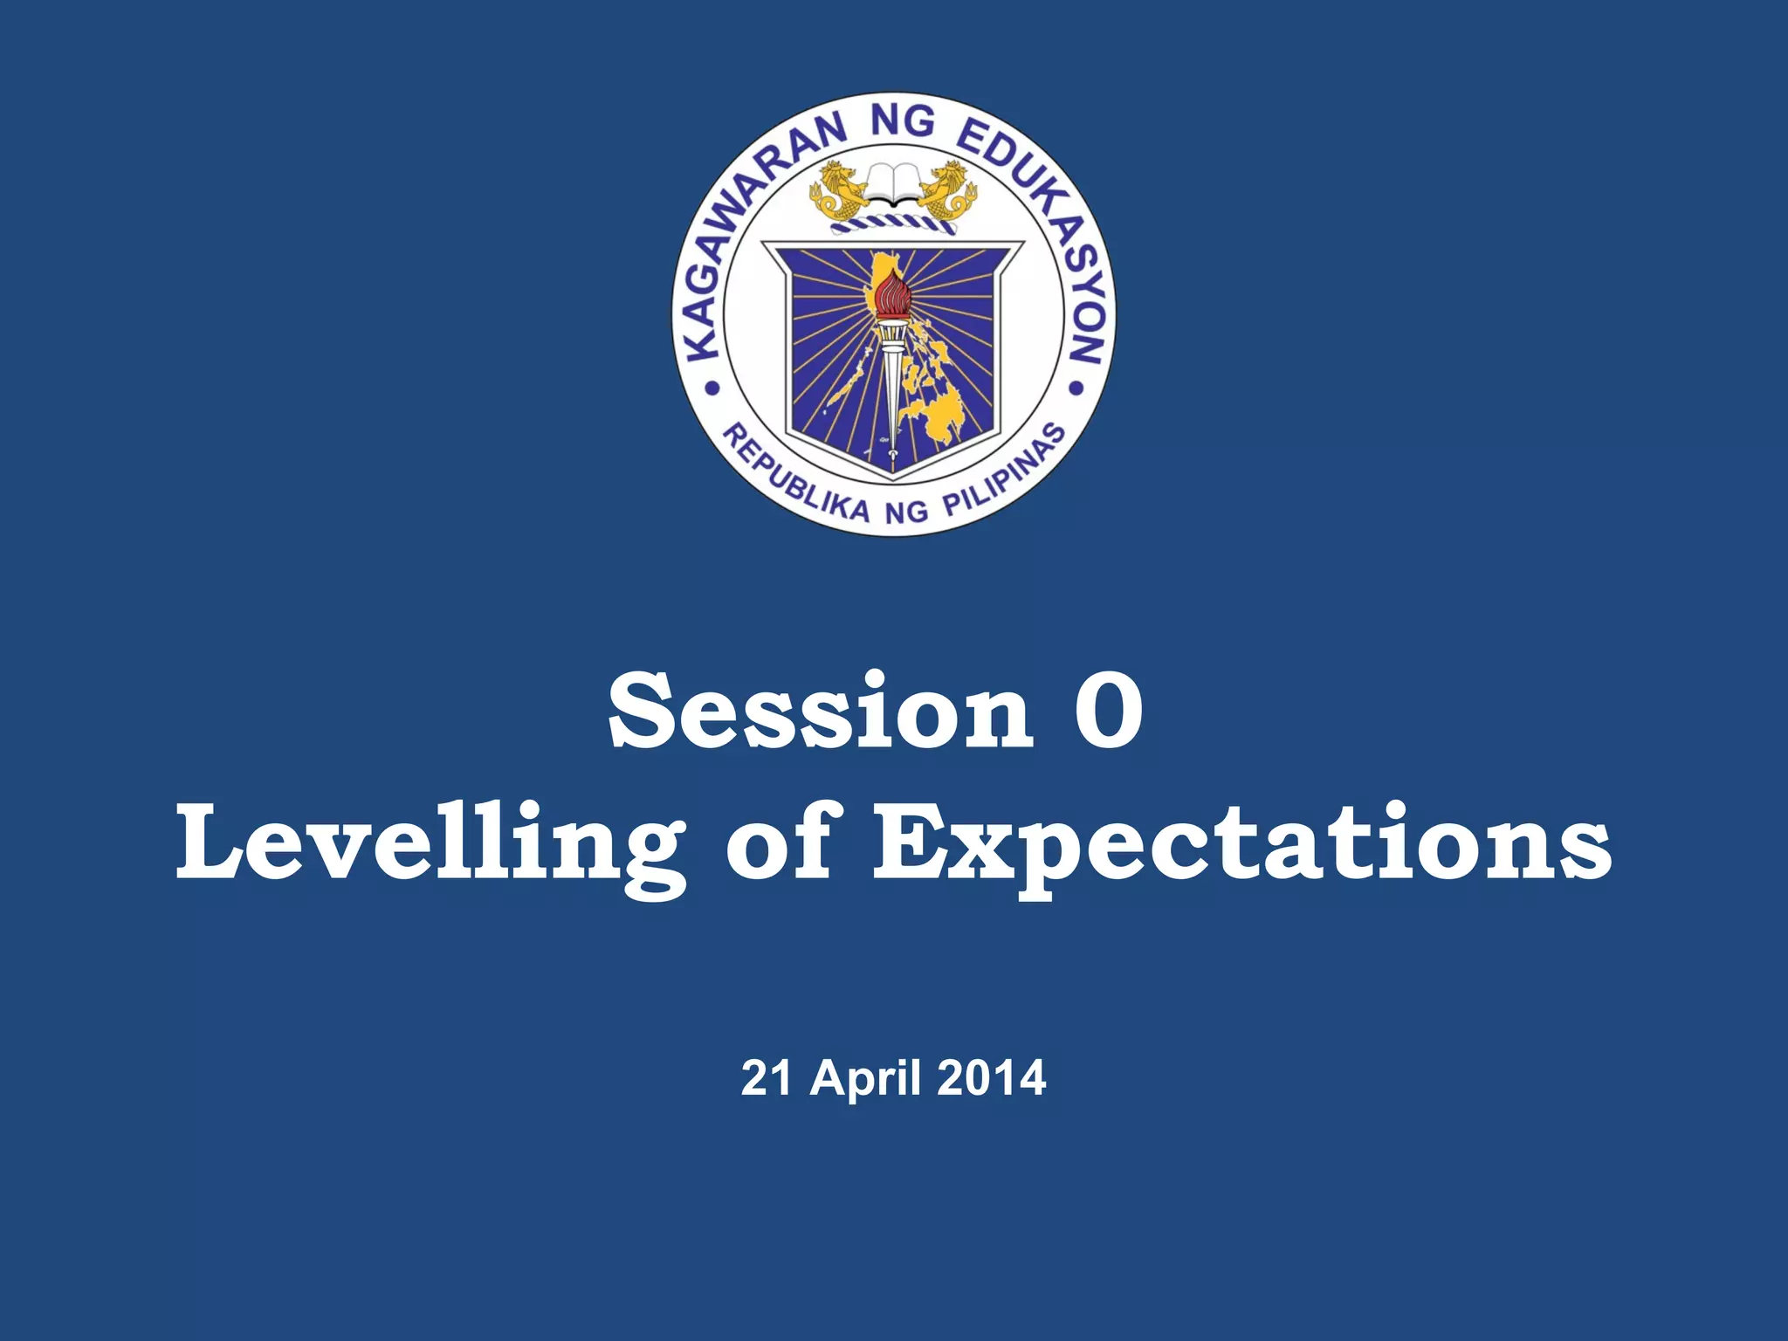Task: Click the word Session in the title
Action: click(x=821, y=712)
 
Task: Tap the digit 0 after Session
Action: click(x=1108, y=712)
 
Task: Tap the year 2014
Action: click(x=992, y=1078)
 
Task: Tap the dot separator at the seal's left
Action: click(x=711, y=389)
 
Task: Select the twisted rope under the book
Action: click(x=893, y=226)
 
